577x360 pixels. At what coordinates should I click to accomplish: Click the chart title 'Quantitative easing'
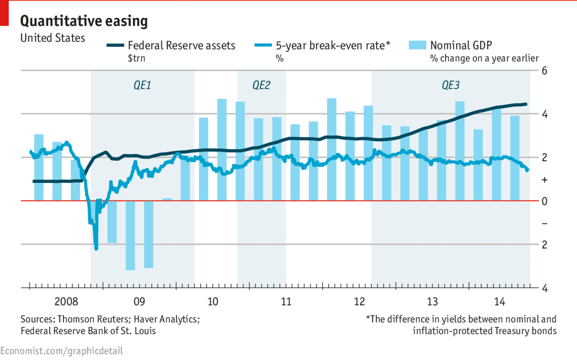coord(84,21)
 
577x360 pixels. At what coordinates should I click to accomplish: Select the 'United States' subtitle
coord(52,38)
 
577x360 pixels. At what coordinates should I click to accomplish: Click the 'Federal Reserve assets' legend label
coord(181,46)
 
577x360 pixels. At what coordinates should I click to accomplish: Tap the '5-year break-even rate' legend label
coord(333,46)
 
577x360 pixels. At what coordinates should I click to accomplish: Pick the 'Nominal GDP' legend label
coord(461,46)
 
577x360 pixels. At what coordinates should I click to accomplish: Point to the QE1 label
coord(143,85)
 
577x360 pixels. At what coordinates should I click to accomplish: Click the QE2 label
coord(261,85)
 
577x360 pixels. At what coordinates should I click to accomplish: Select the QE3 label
coord(450,85)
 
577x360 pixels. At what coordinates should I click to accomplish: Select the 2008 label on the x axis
coord(66,302)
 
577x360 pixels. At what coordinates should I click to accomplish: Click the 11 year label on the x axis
coord(286,302)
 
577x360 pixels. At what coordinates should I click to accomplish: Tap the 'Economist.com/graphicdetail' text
coord(62,350)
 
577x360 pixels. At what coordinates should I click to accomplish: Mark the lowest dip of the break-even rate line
coord(96,248)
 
